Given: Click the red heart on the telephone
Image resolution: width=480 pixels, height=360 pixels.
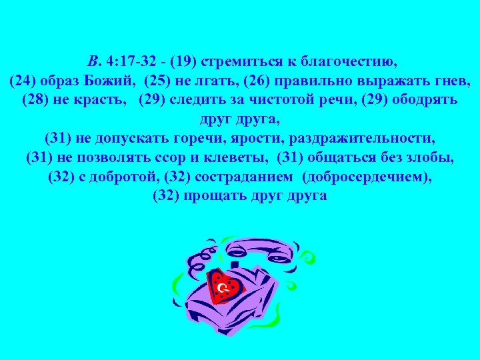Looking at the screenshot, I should (x=225, y=287).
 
